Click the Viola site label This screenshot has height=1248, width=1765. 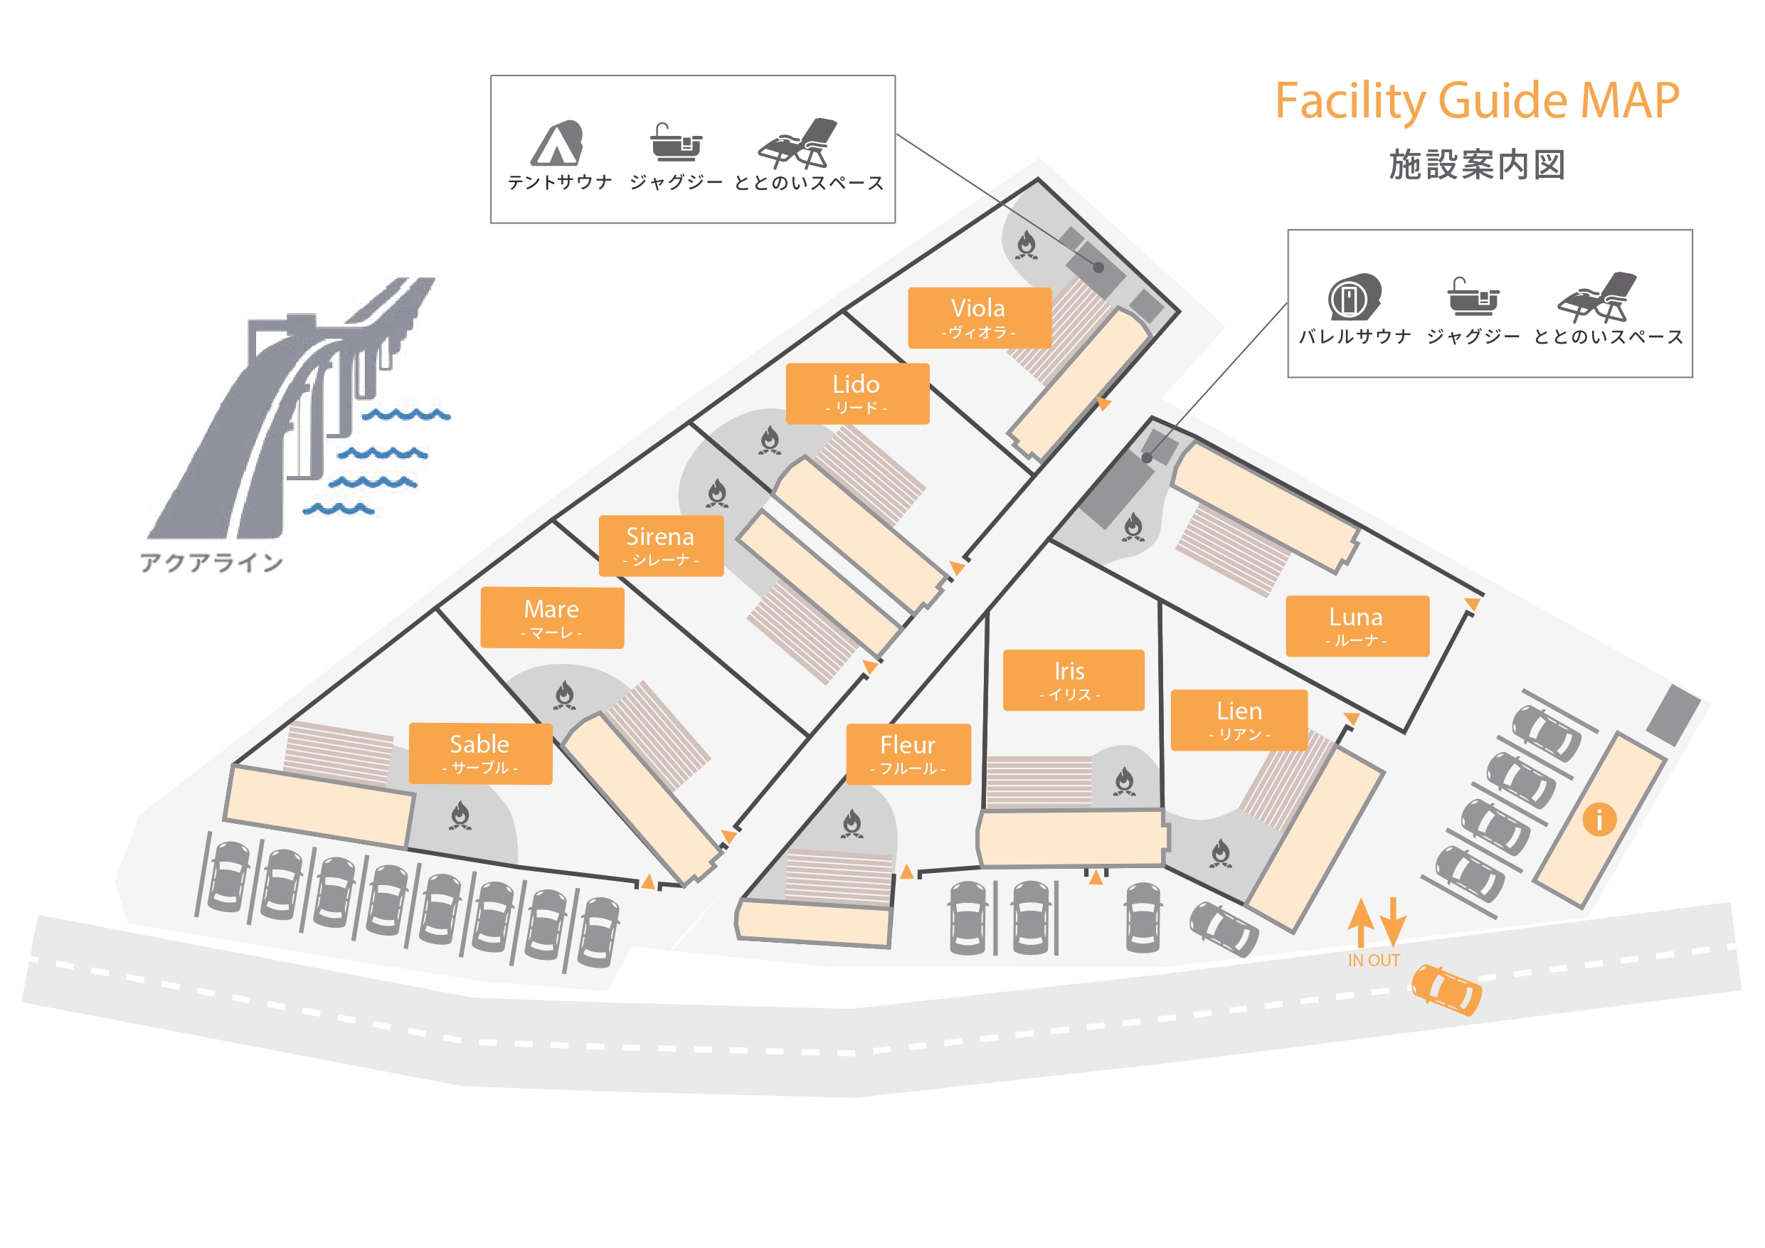pos(979,317)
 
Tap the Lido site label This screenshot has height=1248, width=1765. pos(857,393)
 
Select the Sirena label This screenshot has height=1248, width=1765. pos(660,545)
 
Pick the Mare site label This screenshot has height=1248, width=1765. pos(552,618)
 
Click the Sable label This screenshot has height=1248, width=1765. pos(479,753)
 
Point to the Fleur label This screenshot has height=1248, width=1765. pos(908,753)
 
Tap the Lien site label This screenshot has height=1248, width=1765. pos(1239,719)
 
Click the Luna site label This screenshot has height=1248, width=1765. pos(1357,625)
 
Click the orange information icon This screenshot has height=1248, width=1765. pos(1599,819)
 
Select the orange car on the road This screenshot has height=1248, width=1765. pos(1446,989)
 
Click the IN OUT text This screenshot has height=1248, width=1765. pos(1374,961)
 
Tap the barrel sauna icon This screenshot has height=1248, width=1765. pos(1354,297)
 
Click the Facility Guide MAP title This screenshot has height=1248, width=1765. pos(1477,101)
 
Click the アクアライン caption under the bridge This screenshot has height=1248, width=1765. pos(211,563)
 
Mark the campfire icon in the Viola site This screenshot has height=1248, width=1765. pos(1027,245)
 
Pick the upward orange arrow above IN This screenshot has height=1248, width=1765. pos(1361,921)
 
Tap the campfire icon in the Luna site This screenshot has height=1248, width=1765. pos(1133,527)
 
